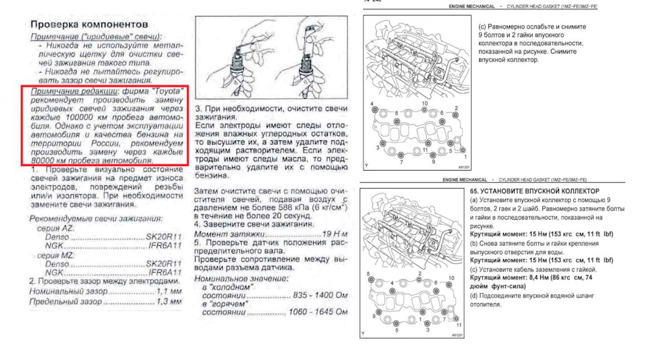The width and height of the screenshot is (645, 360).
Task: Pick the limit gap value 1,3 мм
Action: coord(169,303)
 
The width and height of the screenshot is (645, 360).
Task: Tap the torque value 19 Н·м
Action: coord(333,233)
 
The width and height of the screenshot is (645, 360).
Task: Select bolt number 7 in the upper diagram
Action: coord(402,162)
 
